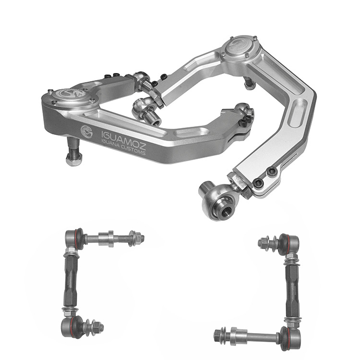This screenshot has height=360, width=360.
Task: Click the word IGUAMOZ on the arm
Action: click(123, 138)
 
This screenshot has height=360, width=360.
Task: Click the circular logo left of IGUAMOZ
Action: click(86, 132)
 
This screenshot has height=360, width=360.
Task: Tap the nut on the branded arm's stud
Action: click(73, 159)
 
